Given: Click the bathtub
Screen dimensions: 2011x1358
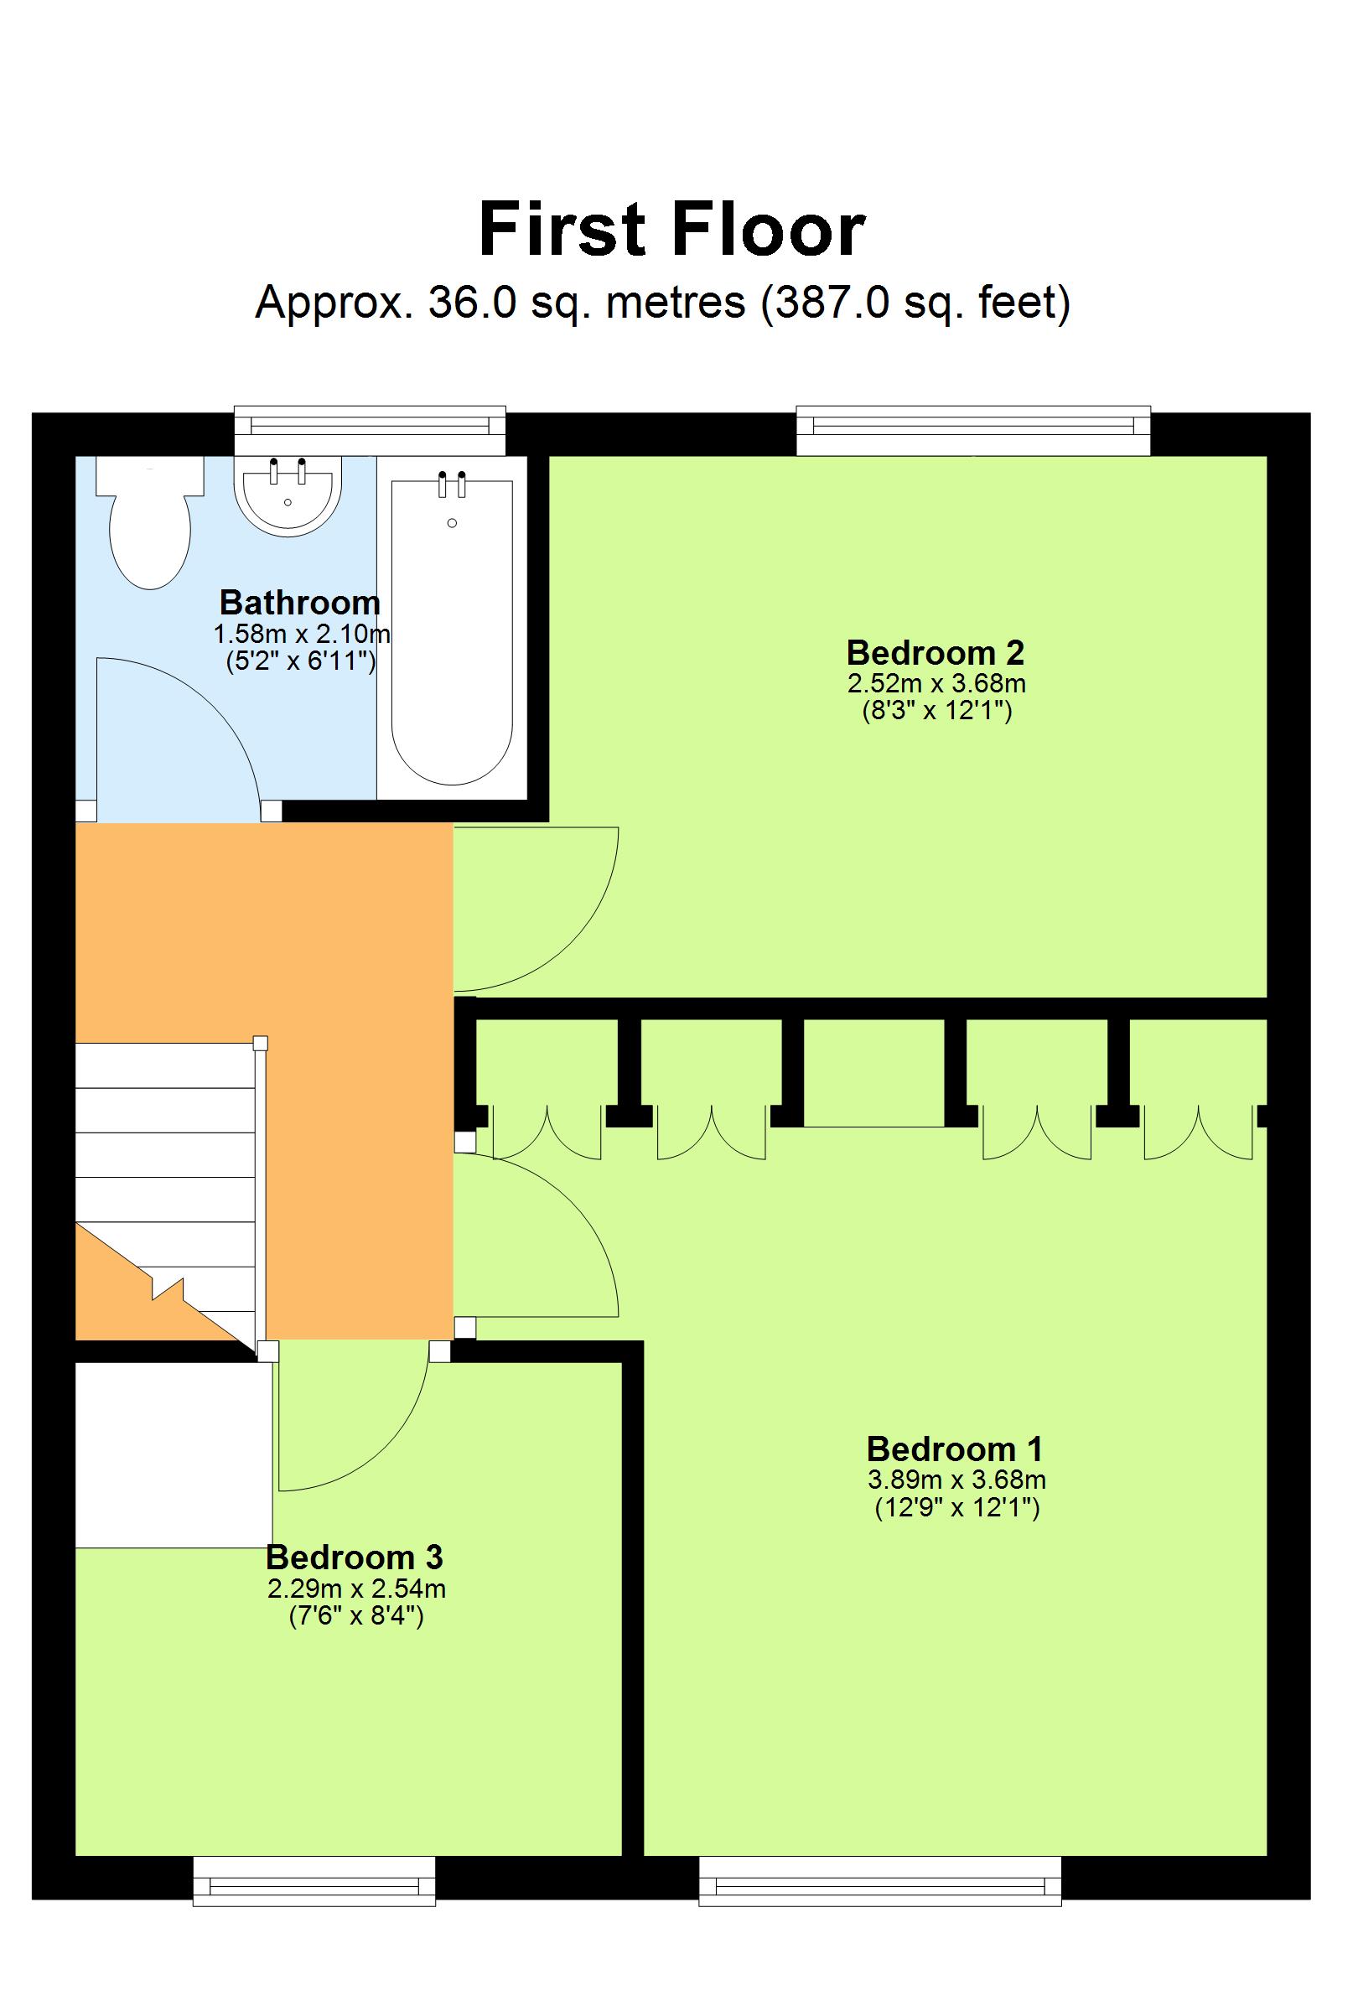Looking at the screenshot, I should tap(451, 632).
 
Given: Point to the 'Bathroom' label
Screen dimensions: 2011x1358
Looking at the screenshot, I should tap(299, 602).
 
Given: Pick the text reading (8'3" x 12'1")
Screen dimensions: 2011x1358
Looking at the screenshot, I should tap(936, 712).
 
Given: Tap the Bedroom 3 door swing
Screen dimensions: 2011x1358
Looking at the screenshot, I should tap(372, 1437).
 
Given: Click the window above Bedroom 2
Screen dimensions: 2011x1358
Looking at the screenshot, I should tap(972, 430).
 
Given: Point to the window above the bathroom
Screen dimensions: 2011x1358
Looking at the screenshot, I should tap(370, 429).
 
